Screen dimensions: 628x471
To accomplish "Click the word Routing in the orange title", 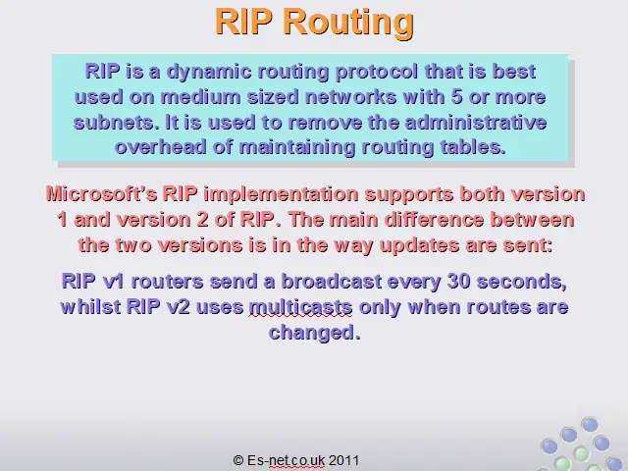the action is pos(348,23).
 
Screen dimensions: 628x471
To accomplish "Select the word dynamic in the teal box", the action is pos(209,72).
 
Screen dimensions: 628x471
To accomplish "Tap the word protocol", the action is pos(377,72).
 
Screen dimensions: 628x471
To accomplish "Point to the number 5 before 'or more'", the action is pos(456,97).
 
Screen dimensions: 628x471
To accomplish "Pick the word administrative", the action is pos(475,122).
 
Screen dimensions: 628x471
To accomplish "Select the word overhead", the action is pos(161,147).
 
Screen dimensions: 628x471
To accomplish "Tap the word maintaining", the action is pos(297,148).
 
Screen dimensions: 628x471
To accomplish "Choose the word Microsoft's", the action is pos(102,194).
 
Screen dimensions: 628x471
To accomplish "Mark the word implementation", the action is pos(281,194).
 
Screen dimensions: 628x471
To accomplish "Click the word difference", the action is pos(434,220).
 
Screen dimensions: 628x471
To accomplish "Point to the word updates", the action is pos(419,245).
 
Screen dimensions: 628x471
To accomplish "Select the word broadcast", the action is pos(332,282).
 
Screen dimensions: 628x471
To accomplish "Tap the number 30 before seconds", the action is pos(458,282).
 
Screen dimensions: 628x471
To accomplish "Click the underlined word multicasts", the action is pos(300,307).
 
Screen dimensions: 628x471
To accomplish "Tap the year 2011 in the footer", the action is pos(344,460).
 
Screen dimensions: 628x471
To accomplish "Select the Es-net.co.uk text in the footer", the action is pos(286,460).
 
